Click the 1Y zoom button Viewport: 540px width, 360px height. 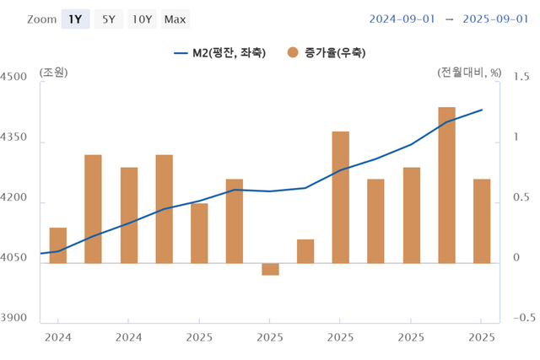(75, 19)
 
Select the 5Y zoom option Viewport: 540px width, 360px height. (109, 19)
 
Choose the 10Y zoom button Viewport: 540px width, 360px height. (143, 19)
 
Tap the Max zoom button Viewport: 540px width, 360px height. (175, 19)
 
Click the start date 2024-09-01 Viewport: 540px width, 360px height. (402, 19)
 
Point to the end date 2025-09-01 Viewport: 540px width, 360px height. (493, 19)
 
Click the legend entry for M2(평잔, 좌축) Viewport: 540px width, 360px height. (220, 52)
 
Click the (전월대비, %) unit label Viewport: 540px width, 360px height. (470, 72)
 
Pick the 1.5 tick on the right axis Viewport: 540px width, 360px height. (521, 77)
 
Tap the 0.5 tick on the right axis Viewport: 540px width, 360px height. (521, 198)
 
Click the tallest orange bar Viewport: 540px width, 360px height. (446, 185)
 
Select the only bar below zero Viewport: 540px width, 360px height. (270, 269)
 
